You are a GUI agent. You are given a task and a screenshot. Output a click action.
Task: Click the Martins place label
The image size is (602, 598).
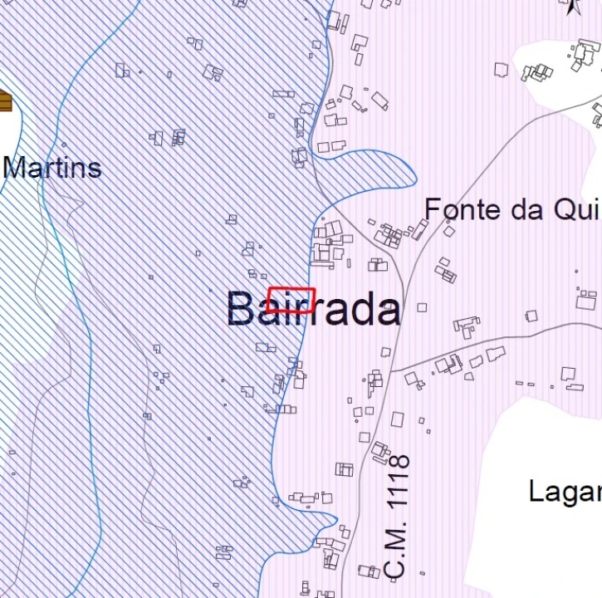(51, 168)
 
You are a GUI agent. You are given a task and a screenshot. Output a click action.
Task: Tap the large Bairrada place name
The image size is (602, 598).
(313, 310)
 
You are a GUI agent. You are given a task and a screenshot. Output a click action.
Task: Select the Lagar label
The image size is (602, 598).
(565, 491)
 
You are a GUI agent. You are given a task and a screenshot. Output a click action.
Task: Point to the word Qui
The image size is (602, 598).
(578, 210)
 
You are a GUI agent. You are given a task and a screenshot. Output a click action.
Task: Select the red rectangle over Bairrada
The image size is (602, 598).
(291, 299)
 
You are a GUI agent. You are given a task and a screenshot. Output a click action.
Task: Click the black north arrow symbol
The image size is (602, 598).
(572, 7)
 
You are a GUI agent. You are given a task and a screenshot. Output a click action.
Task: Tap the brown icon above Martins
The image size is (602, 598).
(5, 101)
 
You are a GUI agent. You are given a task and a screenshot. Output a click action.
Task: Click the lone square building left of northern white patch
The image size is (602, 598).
(501, 70)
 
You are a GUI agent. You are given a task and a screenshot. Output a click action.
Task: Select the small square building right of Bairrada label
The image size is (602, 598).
(422, 307)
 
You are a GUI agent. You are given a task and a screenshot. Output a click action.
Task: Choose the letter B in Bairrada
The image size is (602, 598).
(240, 310)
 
